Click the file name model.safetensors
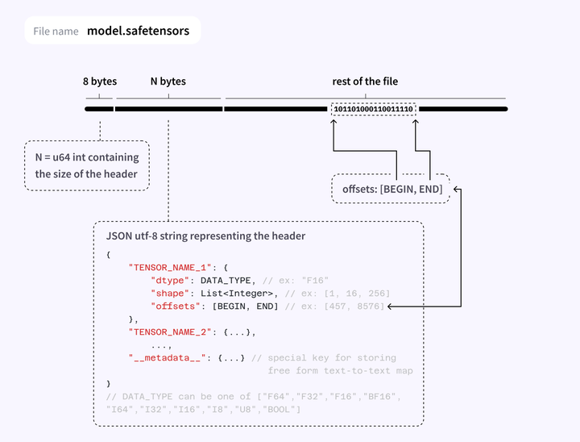(139, 31)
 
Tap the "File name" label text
(56, 31)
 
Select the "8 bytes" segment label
(100, 81)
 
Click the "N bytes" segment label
(168, 81)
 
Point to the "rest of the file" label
(365, 81)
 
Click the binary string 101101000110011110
(374, 109)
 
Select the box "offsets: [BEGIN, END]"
(391, 189)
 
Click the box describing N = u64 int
(87, 165)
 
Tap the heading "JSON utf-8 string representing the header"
(205, 236)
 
